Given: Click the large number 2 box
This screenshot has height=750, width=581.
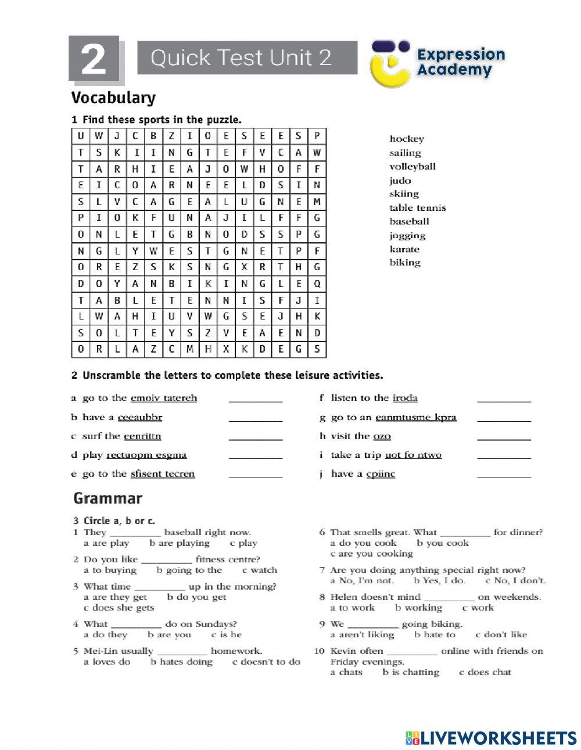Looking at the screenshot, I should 94,59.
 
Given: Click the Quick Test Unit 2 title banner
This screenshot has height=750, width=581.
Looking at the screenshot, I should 247,58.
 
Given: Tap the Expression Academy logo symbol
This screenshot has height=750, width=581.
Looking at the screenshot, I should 390,63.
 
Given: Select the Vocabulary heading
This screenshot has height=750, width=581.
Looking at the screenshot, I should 113,98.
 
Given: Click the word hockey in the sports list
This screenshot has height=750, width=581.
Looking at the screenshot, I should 407,139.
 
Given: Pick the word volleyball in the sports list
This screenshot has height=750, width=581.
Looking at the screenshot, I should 413,167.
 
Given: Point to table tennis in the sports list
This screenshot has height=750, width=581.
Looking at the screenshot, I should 418,208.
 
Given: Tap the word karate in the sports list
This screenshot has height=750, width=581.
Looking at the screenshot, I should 404,249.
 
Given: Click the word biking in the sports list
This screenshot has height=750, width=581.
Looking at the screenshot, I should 405,263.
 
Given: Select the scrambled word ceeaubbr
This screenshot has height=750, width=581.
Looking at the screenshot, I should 140,417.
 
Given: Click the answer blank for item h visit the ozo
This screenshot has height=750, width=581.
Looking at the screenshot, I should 504,437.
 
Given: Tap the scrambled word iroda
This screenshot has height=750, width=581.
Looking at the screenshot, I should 405,398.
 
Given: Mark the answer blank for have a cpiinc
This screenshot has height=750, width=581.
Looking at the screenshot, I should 504,475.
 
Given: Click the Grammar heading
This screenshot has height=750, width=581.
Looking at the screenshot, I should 107,498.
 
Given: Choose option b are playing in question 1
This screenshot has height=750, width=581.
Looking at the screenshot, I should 180,543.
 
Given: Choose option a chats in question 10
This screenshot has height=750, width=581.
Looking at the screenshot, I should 346,672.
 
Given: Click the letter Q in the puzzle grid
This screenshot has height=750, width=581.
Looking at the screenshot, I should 317,284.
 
